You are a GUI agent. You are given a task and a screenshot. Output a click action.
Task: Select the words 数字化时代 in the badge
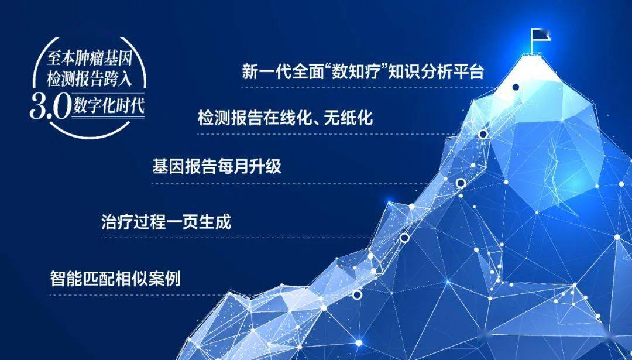(109, 106)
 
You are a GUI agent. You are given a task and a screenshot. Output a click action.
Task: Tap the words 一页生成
(198, 222)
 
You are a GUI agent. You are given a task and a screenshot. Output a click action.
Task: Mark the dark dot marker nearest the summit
(516, 87)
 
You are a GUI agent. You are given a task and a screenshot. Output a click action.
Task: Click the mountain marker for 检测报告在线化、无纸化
(483, 134)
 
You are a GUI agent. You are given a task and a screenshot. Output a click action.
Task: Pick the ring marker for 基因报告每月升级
(461, 183)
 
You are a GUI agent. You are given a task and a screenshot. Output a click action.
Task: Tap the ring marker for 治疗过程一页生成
(404, 238)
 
